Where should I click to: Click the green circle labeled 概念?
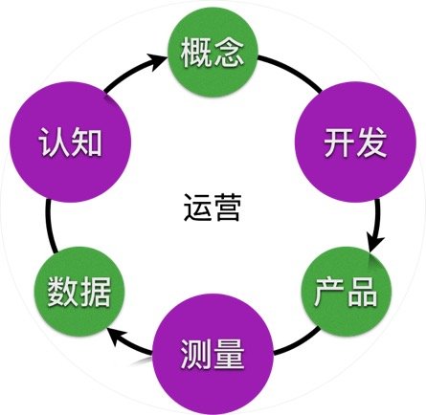coord(213,53)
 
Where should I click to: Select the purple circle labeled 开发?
coord(355,142)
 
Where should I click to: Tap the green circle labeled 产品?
coord(347,292)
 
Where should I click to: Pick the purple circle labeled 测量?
coord(213,354)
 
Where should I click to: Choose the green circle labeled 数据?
coord(79,292)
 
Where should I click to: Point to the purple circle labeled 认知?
coord(70,142)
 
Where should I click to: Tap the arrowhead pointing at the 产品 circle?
coord(375,244)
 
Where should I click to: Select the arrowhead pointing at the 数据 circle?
coord(118,339)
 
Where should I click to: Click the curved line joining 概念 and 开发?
coord(292,71)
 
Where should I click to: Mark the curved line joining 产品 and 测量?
coord(299,342)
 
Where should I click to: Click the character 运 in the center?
coord(196,207)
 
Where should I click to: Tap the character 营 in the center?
coord(227,207)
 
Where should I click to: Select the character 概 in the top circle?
coord(195,53)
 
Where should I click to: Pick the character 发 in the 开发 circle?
coord(372,142)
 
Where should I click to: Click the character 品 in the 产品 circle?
coord(363,292)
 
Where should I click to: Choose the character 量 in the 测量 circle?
coord(229,354)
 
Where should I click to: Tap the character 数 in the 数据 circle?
coord(62,292)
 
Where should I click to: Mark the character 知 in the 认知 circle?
coord(86,142)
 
